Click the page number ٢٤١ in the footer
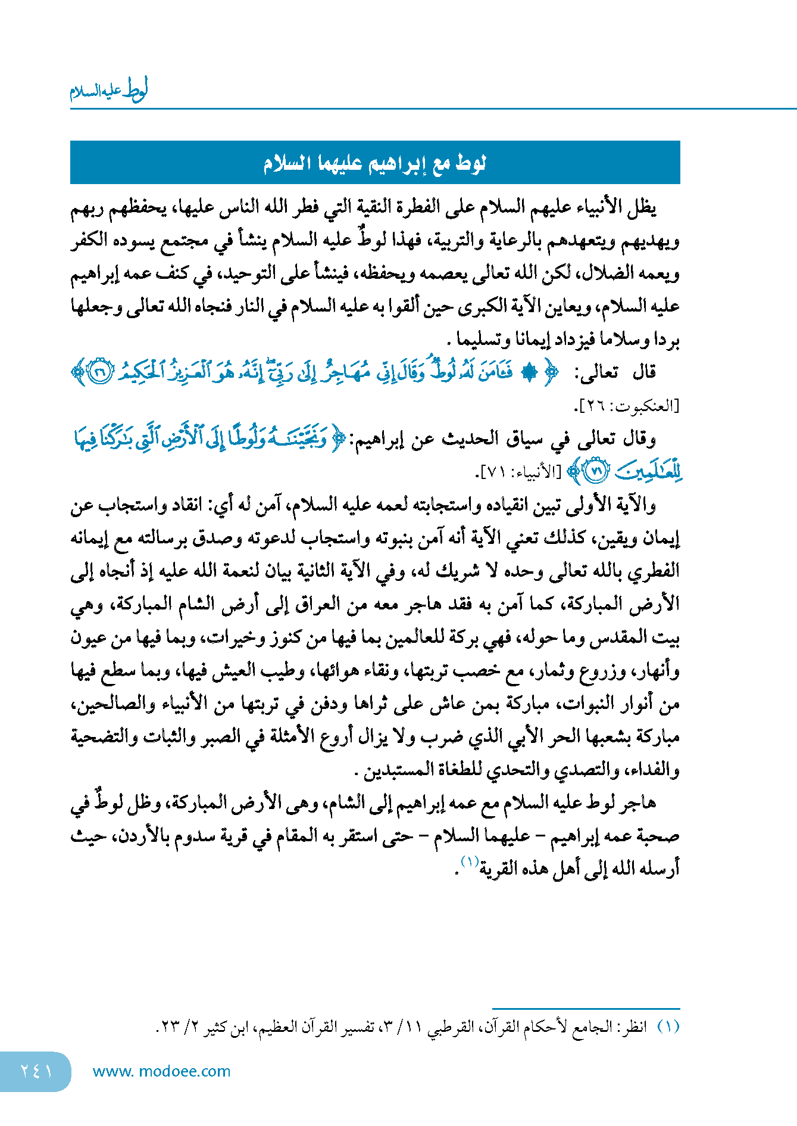(36, 1071)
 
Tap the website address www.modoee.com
(161, 1071)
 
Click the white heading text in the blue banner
(374, 163)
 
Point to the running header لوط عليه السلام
(109, 91)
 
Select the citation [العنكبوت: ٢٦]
(626, 406)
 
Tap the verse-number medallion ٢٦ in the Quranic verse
(100, 372)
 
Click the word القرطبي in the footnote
(451, 1027)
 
